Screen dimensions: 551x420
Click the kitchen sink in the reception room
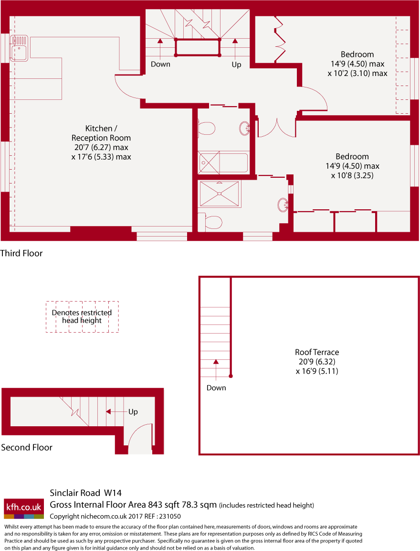pos(20,48)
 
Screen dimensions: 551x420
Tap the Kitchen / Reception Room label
pos(101,142)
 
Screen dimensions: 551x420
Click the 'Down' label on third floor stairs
pos(160,64)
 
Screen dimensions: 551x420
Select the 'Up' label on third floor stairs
pos(236,64)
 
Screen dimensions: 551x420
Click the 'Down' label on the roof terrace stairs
pos(216,388)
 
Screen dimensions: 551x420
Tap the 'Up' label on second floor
pos(133,411)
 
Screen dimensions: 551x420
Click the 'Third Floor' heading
pos(21,253)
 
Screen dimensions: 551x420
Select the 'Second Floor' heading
pos(27,447)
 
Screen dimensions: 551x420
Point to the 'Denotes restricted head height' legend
pos(82,316)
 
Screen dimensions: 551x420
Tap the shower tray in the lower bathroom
pos(220,194)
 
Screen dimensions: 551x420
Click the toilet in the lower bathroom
pos(210,222)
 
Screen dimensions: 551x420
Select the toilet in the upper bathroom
pos(206,129)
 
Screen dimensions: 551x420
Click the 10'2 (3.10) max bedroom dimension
pos(357,74)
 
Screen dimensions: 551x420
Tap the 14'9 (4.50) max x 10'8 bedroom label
pos(352,166)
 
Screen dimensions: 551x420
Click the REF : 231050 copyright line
pos(115,516)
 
